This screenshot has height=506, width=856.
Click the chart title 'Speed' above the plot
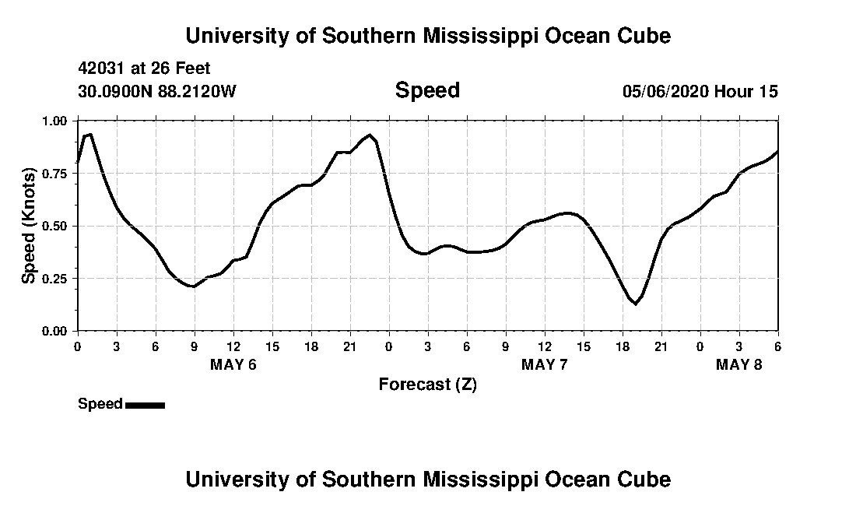427,90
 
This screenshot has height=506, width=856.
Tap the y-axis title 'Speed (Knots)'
29,226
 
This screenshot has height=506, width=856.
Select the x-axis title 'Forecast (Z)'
427,384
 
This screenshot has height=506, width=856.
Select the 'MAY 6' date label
233,365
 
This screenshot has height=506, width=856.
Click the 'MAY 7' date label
544,365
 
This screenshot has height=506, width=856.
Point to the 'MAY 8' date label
738,365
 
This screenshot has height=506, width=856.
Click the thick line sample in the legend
145,405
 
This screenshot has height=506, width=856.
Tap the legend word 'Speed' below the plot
100,404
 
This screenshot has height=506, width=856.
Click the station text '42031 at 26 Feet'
144,69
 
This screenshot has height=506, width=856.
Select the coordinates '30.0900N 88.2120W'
156,92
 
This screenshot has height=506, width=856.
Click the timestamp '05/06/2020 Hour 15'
700,92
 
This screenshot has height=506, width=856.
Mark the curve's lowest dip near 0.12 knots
636,304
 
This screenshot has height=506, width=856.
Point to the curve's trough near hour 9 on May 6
192,286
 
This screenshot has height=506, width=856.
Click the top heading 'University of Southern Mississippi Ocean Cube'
427,36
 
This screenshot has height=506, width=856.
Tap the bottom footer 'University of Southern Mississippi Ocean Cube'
427,479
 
